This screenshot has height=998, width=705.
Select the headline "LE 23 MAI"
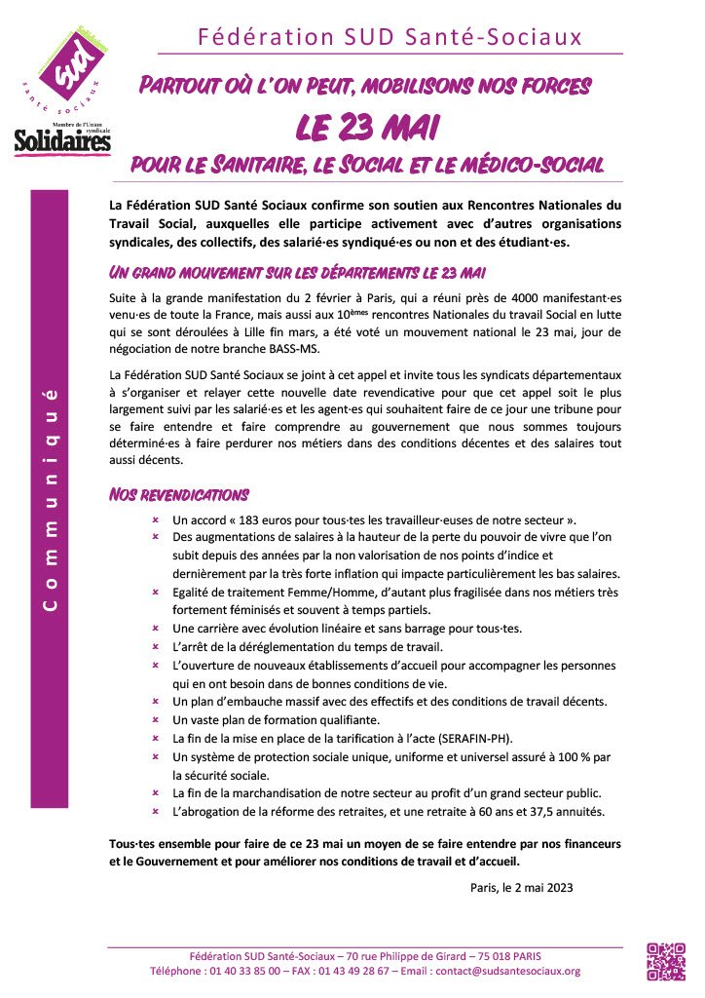tap(365, 126)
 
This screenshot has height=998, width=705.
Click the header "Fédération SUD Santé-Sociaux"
tap(390, 37)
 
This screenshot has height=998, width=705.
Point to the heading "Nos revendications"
tap(178, 495)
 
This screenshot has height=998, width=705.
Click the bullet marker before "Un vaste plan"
tap(155, 719)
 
